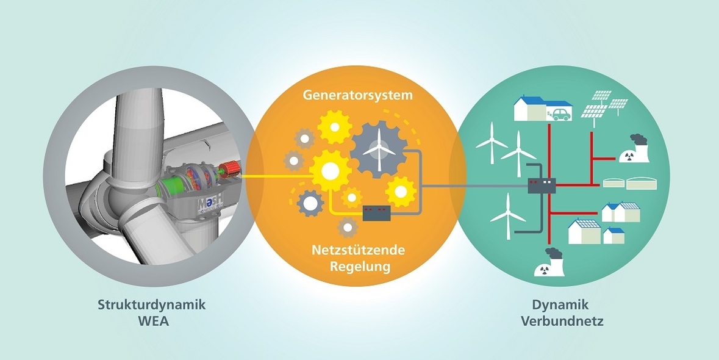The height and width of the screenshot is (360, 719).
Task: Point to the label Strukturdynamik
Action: pyautogui.click(x=144, y=304)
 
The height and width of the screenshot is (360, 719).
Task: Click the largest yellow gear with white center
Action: pyautogui.click(x=329, y=171)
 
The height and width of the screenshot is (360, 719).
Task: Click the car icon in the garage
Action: pyautogui.click(x=560, y=115)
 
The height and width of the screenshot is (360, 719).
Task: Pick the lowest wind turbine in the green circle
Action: pyautogui.click(x=507, y=214)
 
